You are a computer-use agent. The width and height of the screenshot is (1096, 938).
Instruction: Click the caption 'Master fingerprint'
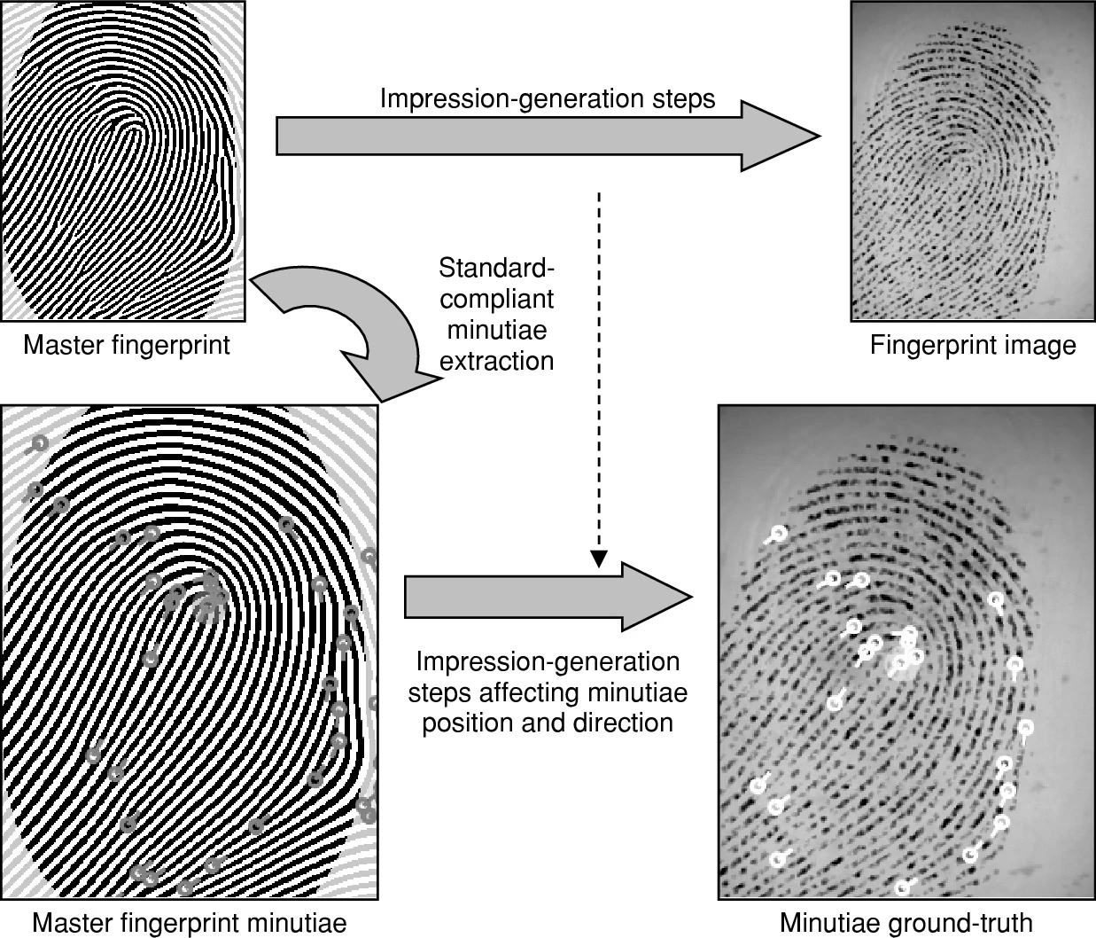pyautogui.click(x=126, y=345)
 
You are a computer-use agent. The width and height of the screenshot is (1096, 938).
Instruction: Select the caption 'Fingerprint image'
pyautogui.click(x=972, y=345)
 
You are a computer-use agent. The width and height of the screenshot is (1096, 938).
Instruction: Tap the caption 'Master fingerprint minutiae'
pyautogui.click(x=189, y=923)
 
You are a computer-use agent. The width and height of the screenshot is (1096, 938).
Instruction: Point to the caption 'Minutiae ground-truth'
pyautogui.click(x=906, y=923)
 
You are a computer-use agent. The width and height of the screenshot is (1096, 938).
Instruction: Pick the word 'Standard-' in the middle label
pyautogui.click(x=497, y=268)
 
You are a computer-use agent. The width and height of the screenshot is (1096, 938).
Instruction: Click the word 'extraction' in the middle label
pyautogui.click(x=497, y=361)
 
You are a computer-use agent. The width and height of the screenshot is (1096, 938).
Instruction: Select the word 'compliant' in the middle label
pyautogui.click(x=497, y=299)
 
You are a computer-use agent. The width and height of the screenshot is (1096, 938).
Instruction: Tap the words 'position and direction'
pyautogui.click(x=547, y=723)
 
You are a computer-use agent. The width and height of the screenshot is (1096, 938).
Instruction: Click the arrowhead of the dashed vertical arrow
pyautogui.click(x=600, y=559)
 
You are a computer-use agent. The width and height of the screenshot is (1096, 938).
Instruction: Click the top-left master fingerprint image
pyautogui.click(x=122, y=160)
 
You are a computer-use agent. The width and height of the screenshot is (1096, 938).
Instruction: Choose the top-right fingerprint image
pyautogui.click(x=972, y=160)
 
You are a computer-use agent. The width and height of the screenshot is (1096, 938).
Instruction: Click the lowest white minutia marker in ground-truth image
pyautogui.click(x=903, y=887)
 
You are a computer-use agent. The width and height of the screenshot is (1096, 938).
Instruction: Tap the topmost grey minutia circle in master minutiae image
pyautogui.click(x=38, y=442)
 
